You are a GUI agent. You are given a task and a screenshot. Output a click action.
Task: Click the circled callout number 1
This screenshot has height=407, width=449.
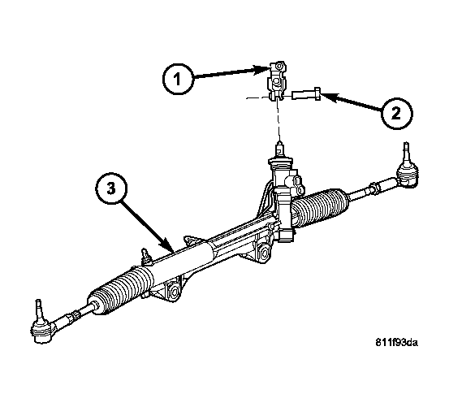[x=178, y=79]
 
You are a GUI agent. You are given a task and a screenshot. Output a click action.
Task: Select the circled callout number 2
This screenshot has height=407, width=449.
[x=396, y=114]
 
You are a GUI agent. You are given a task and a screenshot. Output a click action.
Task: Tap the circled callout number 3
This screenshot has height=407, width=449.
[x=111, y=188]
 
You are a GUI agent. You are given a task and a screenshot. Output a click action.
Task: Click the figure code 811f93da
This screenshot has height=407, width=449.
[x=396, y=343]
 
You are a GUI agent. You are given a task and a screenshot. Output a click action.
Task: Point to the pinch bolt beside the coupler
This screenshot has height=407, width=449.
[x=306, y=94]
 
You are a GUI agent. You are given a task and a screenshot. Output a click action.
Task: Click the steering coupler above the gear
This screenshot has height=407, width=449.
[x=277, y=80]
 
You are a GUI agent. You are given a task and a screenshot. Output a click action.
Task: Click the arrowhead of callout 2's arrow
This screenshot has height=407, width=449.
[x=328, y=97]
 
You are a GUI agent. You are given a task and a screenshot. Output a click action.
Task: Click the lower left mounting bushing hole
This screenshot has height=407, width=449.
[x=173, y=292]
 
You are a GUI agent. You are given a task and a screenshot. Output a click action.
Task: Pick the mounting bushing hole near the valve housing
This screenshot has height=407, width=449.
[x=263, y=253]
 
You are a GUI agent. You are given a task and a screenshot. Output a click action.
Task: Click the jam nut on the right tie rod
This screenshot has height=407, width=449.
[x=374, y=188]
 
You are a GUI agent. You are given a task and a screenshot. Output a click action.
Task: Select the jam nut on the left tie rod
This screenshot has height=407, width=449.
[x=74, y=316]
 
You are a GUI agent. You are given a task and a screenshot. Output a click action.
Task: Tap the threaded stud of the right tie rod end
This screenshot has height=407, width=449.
[x=407, y=152]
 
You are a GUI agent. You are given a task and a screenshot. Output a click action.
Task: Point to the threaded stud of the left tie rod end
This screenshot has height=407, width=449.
[x=39, y=309]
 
